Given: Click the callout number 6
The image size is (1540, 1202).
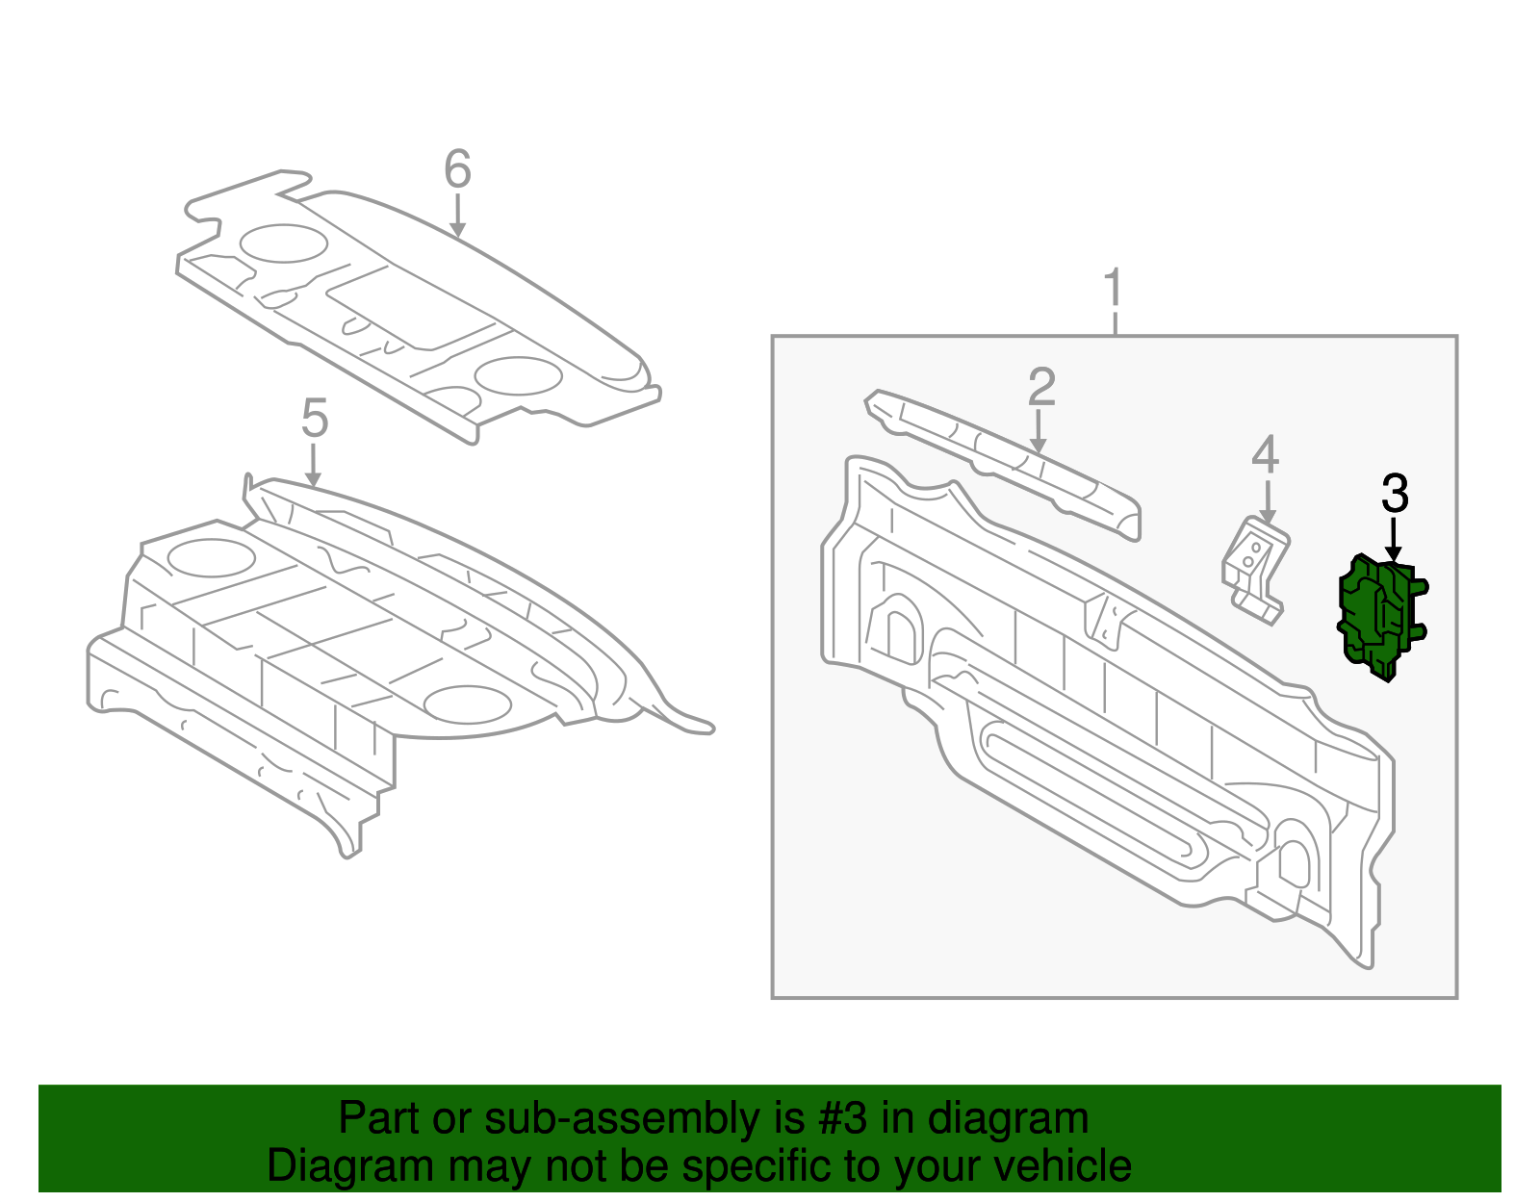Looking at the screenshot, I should click(x=457, y=169).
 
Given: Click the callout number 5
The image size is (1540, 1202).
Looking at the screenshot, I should click(x=315, y=419).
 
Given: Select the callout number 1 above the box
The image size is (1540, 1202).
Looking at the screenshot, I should click(x=1114, y=289).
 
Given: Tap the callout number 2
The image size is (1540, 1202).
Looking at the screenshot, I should click(x=1040, y=387).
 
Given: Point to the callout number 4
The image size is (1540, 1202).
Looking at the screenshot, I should click(x=1265, y=455).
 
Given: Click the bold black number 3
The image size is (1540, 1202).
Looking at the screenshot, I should click(x=1395, y=494).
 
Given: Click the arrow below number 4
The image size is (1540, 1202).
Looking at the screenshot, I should click(x=1267, y=502).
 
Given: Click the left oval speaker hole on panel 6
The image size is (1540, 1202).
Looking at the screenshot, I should click(x=283, y=243).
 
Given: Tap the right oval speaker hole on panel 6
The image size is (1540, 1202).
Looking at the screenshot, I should click(x=519, y=376).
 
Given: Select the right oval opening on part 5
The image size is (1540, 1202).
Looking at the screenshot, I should click(x=467, y=704).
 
